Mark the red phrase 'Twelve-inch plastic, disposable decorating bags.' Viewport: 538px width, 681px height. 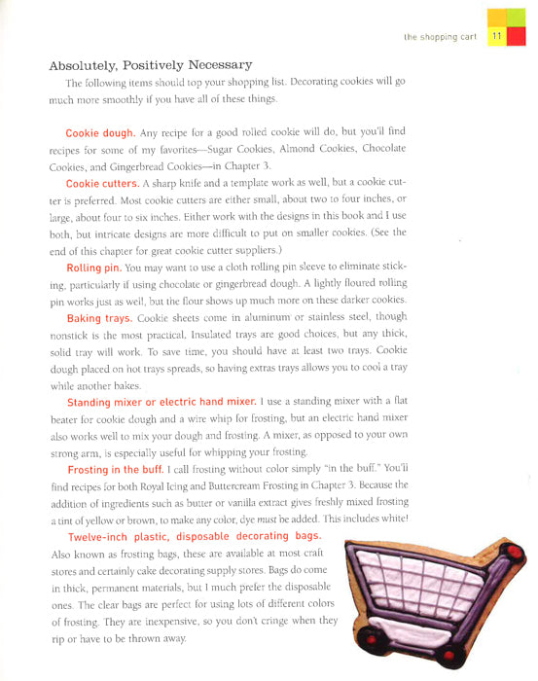point(193,537)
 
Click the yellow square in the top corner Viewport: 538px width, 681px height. point(496,16)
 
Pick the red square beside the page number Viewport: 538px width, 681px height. point(520,37)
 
